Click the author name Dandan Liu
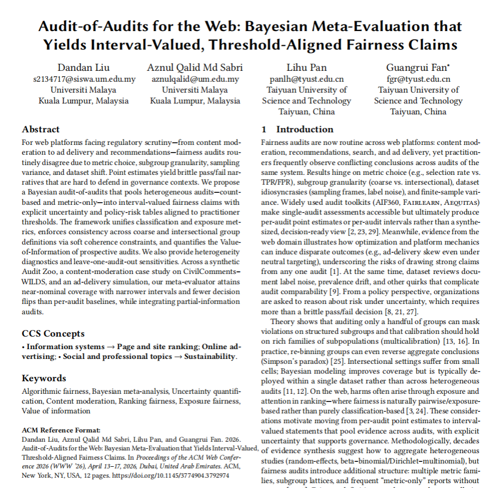84,68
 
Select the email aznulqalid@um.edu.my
195,79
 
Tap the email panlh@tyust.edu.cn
307,79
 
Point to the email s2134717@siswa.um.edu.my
84,79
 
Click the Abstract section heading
41,130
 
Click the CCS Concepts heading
53,333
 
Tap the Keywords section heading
44,378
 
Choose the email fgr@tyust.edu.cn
418,79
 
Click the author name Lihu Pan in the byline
307,68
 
